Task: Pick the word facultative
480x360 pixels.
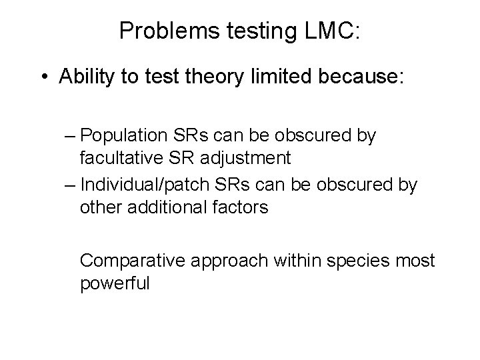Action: point(124,159)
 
